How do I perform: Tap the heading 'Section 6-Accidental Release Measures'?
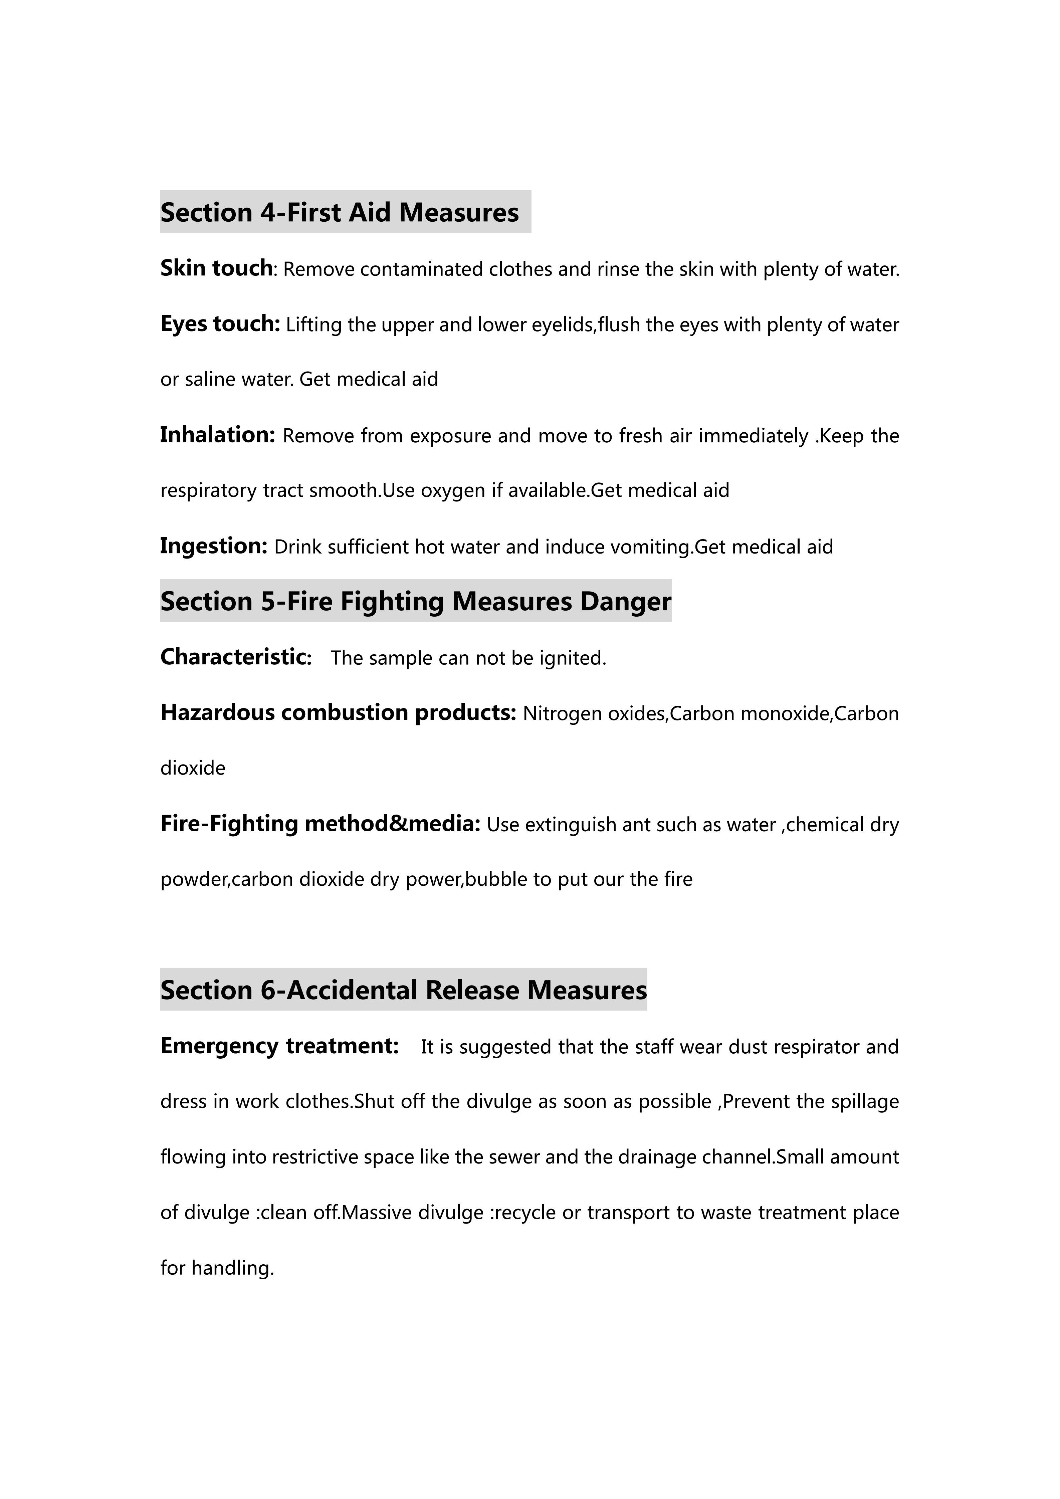click(403, 990)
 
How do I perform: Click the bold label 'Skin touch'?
click(216, 268)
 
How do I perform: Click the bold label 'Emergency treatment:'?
click(279, 1046)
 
